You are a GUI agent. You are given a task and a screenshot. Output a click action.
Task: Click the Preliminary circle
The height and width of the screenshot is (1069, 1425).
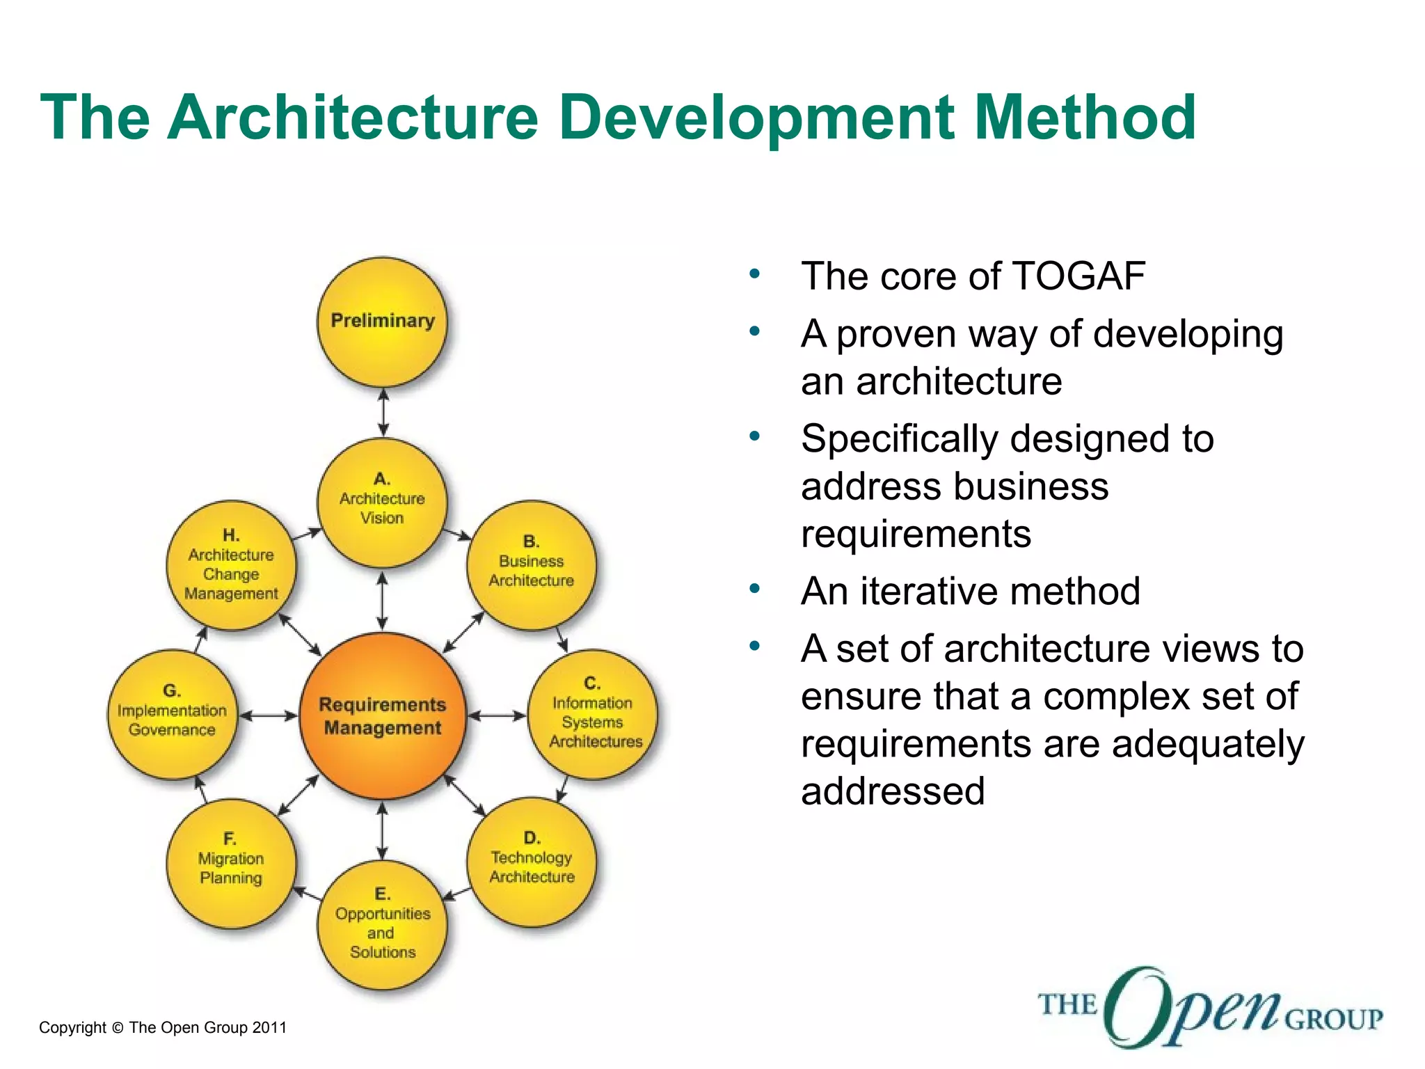(382, 322)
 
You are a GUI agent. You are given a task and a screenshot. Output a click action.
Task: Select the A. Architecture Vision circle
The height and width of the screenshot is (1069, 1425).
(382, 502)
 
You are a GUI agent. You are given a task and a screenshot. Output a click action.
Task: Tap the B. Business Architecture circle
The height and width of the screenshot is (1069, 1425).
(531, 564)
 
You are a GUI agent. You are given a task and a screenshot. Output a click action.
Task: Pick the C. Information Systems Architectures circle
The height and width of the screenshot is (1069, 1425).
(593, 714)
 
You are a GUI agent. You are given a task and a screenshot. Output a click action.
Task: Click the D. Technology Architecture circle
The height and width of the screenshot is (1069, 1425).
(532, 862)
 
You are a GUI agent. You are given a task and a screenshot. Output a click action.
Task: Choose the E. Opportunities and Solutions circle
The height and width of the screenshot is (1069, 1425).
(382, 924)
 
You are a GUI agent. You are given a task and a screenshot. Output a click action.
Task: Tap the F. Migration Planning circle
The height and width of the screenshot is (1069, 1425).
(231, 862)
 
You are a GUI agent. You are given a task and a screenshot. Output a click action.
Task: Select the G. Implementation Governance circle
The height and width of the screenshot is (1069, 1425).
(172, 714)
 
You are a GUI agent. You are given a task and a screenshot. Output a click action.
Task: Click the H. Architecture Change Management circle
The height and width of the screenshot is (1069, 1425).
(231, 564)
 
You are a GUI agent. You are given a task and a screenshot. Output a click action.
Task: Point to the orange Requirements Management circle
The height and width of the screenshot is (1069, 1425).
(382, 715)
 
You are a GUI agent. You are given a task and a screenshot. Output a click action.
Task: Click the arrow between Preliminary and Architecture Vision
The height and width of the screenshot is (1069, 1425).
(383, 412)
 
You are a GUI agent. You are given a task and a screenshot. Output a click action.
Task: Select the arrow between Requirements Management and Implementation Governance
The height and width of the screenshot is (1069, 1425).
(268, 715)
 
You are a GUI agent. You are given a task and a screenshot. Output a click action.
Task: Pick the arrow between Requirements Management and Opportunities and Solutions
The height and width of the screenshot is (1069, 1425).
(382, 830)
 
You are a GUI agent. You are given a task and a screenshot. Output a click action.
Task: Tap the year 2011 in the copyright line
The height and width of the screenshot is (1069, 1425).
(269, 1027)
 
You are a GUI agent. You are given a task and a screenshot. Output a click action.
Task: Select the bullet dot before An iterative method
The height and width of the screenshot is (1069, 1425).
(755, 589)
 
